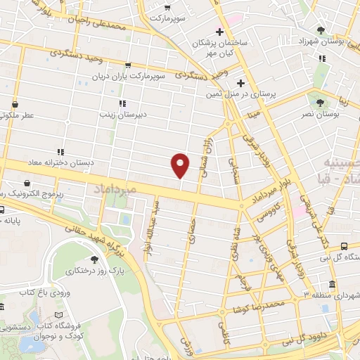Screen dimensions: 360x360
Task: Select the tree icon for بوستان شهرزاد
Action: [x=321, y=30]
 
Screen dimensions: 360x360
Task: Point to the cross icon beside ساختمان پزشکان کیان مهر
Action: [x=220, y=32]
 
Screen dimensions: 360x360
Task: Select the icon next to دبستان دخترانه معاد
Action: [x=60, y=152]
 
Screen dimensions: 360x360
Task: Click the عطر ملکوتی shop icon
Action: [x=13, y=104]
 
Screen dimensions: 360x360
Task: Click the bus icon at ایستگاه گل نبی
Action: [x=344, y=246]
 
